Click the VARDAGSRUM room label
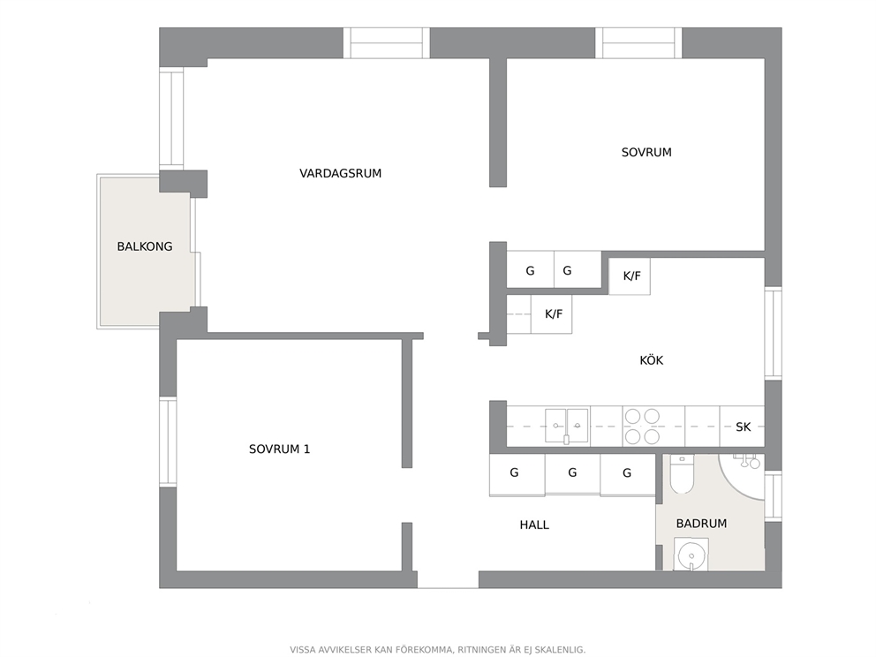coord(340,173)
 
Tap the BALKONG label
coord(145,246)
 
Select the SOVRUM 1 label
coord(279,449)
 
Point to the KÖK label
coord(652,360)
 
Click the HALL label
coord(534,525)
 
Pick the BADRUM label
coord(702,524)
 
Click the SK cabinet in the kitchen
coord(743,427)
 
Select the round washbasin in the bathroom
coord(691,555)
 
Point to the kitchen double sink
coord(567,426)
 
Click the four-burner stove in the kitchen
coord(643,426)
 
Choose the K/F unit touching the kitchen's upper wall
coord(630,276)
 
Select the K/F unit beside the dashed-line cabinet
coord(551,314)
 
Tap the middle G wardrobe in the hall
coord(572,473)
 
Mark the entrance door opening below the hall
coord(448,580)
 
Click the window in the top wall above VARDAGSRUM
coord(387,43)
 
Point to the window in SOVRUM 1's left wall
coord(168,442)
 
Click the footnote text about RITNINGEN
coord(437,650)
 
